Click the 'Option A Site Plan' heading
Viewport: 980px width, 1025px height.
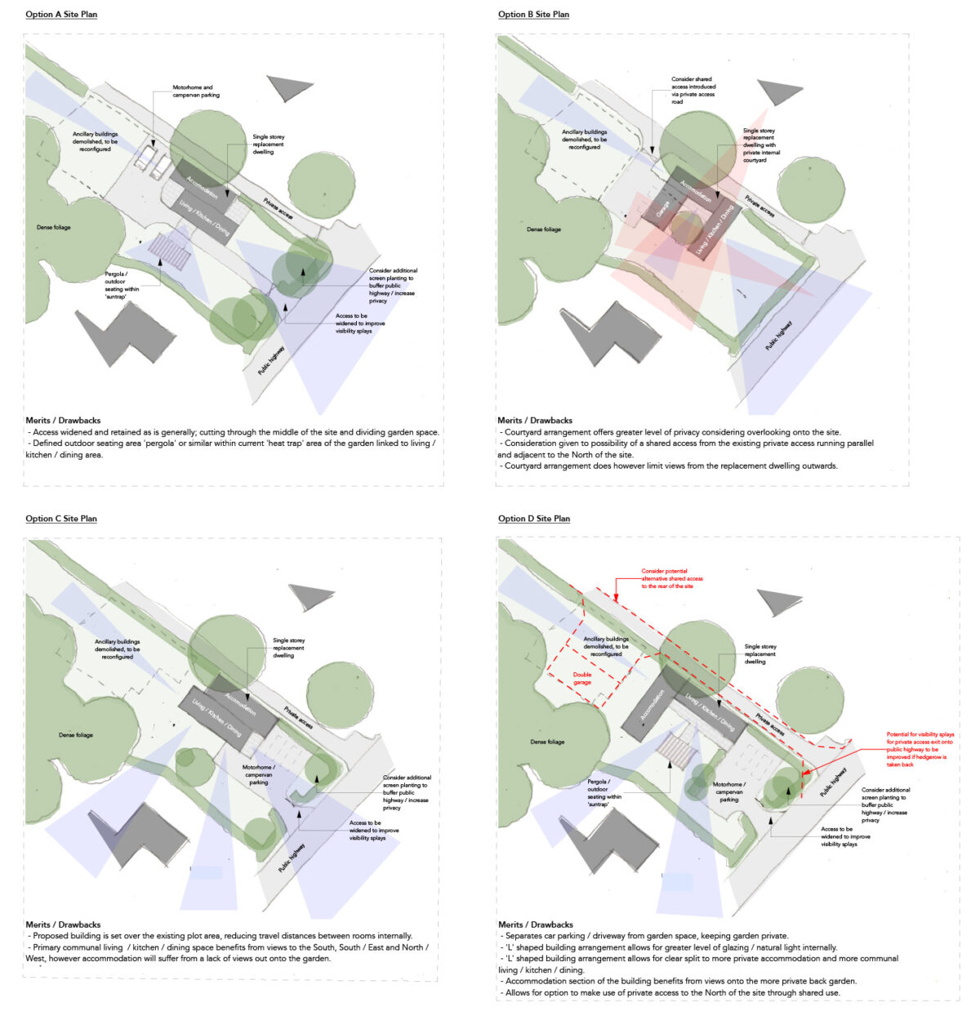tap(61, 15)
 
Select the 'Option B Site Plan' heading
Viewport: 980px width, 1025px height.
tap(533, 15)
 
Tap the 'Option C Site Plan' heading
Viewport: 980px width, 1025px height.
tap(61, 519)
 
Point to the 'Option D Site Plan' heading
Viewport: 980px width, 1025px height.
tap(534, 519)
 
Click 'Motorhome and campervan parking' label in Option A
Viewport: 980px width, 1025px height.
tap(195, 91)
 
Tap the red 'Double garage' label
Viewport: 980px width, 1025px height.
tap(581, 679)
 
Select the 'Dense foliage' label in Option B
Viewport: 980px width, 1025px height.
tap(543, 230)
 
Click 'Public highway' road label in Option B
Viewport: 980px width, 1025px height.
tap(778, 336)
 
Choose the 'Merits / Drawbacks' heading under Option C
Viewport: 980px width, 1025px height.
tap(63, 925)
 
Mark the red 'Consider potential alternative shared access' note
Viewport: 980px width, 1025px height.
tap(671, 579)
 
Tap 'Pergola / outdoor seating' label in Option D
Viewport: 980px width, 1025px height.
tap(604, 793)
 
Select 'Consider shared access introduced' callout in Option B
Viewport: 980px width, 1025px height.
tap(693, 91)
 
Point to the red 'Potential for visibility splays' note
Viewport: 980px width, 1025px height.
tap(920, 749)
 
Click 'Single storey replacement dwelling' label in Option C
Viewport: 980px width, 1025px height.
tap(288, 648)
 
